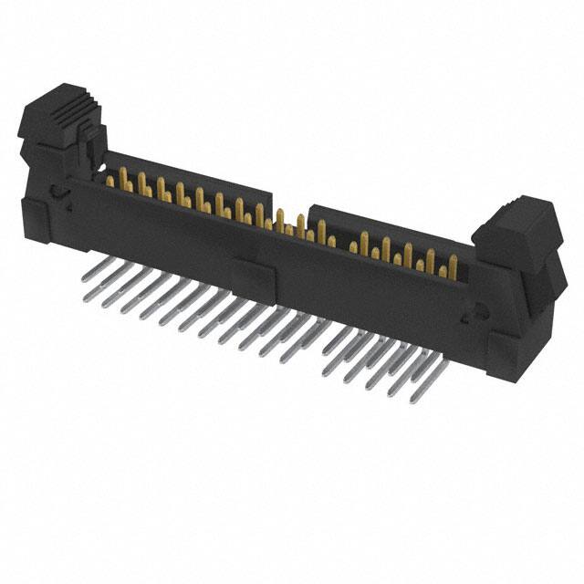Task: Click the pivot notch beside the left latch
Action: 57,192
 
